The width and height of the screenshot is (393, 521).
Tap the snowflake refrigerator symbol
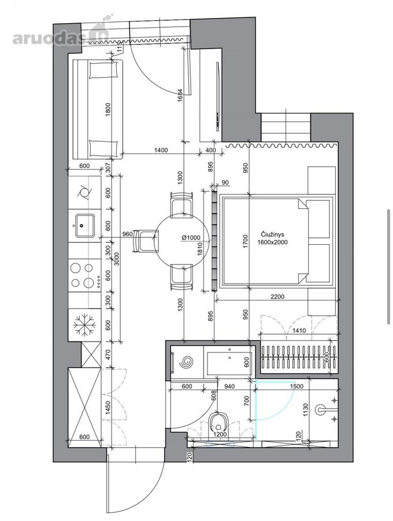click(84, 325)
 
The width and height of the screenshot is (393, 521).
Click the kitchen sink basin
click(84, 225)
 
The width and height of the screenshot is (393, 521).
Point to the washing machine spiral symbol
click(186, 361)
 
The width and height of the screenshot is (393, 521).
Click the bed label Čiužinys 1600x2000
click(272, 239)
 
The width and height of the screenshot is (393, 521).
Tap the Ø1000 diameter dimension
click(191, 237)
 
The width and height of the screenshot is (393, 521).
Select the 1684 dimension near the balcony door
click(180, 96)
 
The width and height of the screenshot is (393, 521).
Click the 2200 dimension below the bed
click(277, 296)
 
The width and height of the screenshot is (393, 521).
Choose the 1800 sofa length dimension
click(107, 109)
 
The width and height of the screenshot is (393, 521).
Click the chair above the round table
click(181, 205)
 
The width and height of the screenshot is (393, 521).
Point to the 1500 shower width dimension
click(296, 386)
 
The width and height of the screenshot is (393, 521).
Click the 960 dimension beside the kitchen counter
click(127, 234)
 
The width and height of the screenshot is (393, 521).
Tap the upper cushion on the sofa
click(104, 69)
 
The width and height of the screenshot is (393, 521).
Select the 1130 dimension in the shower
click(306, 410)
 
